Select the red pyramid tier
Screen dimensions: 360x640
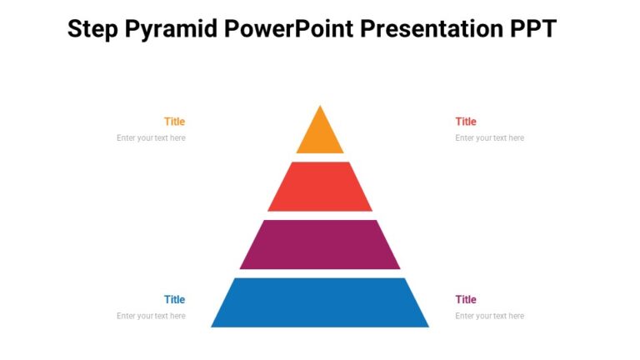[x=320, y=187]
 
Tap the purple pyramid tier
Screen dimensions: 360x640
[x=320, y=244]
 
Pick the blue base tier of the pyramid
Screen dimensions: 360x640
[x=320, y=302]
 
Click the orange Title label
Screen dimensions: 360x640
[x=174, y=122]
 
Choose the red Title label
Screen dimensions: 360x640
[x=466, y=122]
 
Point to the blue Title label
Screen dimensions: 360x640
[x=174, y=300]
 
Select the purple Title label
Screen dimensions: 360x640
[x=466, y=300]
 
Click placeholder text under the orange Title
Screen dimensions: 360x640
[x=151, y=138]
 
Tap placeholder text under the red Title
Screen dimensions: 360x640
[x=489, y=138]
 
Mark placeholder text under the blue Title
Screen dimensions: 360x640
[x=151, y=317]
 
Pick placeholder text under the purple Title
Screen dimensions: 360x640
[x=489, y=317]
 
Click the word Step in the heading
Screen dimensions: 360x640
[x=92, y=30]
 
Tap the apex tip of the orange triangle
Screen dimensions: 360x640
[x=320, y=106]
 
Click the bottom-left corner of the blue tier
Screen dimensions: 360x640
[x=212, y=326]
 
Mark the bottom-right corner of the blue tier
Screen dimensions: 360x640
[x=427, y=326]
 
